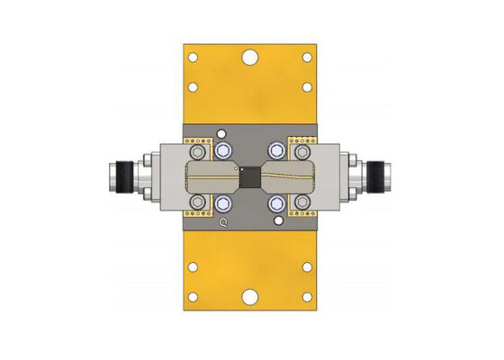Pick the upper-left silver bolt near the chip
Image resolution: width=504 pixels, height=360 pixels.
[223, 149]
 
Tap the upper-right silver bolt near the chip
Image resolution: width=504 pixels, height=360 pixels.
[276, 149]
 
